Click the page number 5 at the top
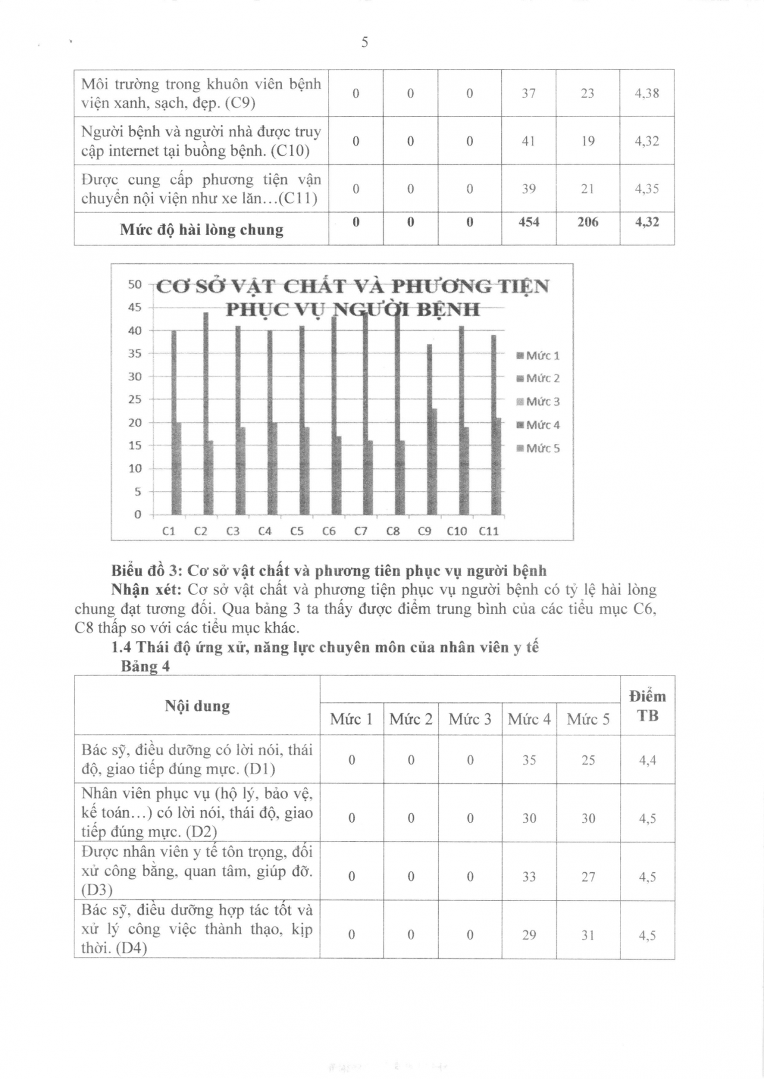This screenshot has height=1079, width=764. (365, 42)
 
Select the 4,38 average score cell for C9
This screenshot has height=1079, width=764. (646, 93)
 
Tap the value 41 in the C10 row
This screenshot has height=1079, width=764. (528, 141)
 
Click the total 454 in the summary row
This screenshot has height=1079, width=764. (528, 222)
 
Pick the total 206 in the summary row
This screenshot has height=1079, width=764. (588, 222)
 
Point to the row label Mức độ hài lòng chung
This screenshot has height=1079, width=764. (201, 230)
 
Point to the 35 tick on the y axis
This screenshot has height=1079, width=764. (135, 353)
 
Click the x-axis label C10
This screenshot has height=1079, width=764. (456, 531)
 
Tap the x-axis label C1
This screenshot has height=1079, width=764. (169, 531)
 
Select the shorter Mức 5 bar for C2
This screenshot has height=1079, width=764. (209, 477)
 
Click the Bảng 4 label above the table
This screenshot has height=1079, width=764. (145, 666)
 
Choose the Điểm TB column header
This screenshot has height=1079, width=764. (647, 706)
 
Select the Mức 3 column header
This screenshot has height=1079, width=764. (469, 719)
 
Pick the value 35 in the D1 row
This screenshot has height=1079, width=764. (529, 760)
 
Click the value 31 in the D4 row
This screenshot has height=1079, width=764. (588, 935)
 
